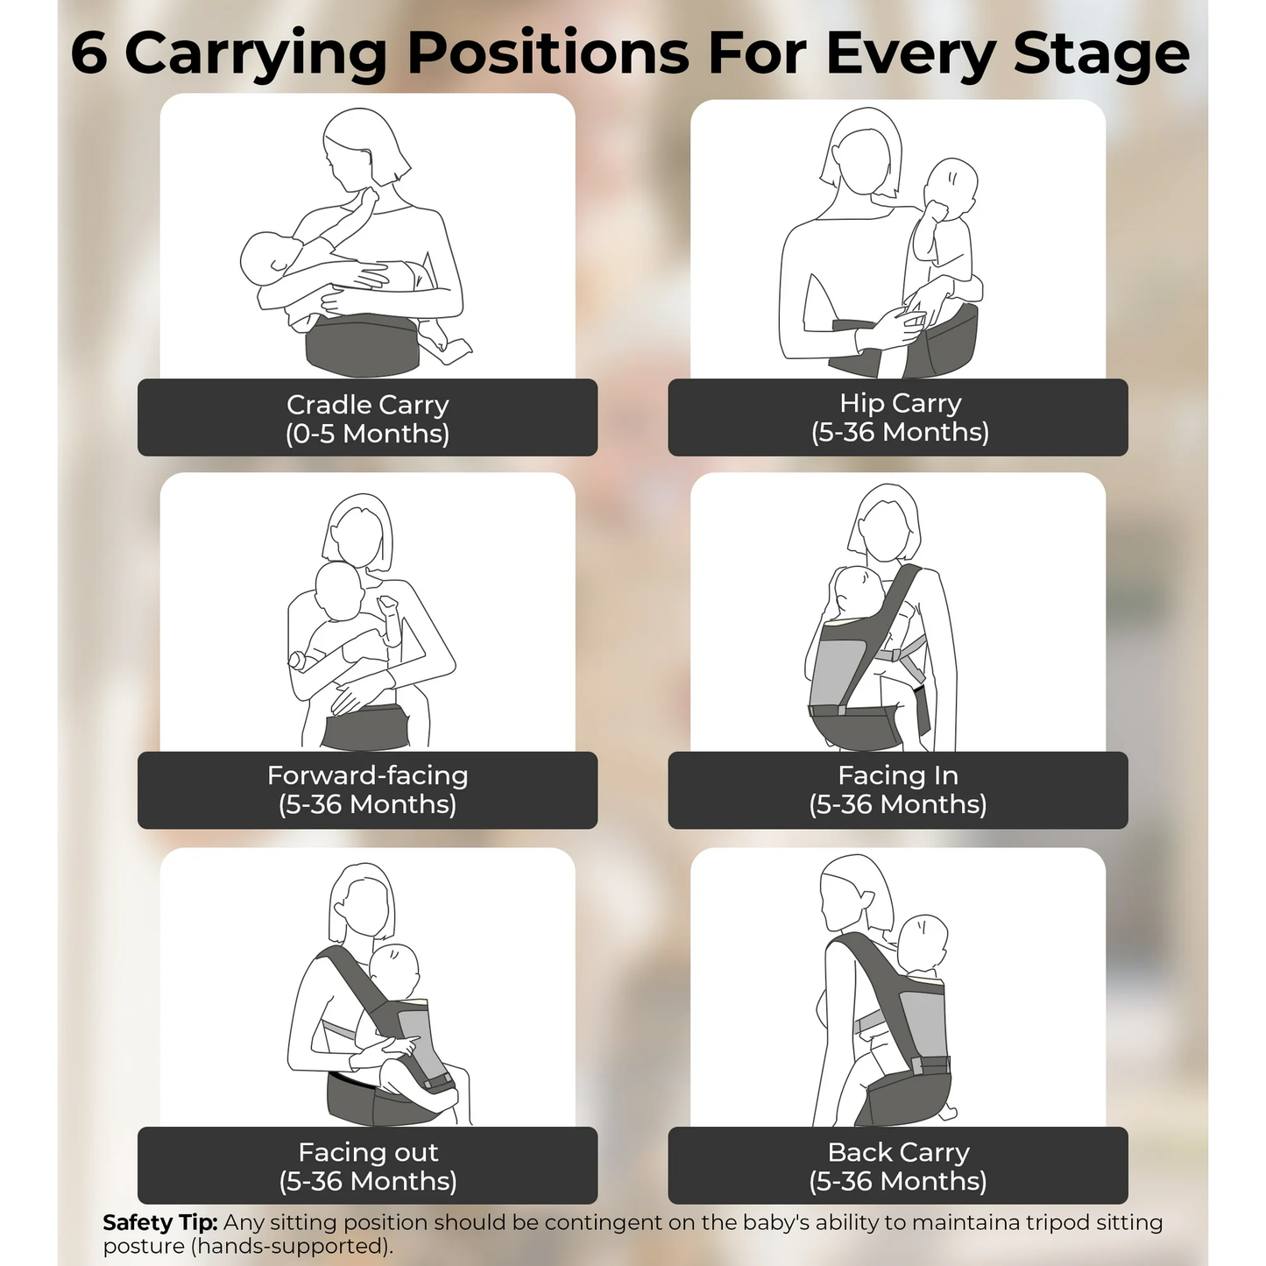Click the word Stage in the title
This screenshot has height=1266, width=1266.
click(1101, 54)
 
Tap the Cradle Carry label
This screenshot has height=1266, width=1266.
click(367, 405)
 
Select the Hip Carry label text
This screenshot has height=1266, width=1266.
click(900, 403)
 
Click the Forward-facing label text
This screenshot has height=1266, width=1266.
click(367, 775)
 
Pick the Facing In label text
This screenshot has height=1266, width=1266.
click(898, 775)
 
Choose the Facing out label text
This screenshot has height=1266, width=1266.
click(368, 1152)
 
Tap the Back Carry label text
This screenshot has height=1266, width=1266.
click(898, 1152)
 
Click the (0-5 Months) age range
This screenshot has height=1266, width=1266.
click(367, 434)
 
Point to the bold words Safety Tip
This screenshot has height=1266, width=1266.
click(159, 1222)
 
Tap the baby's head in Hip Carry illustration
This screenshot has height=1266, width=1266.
click(952, 186)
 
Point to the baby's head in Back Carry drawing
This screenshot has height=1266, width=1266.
click(922, 944)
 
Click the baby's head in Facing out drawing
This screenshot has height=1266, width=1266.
click(394, 972)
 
